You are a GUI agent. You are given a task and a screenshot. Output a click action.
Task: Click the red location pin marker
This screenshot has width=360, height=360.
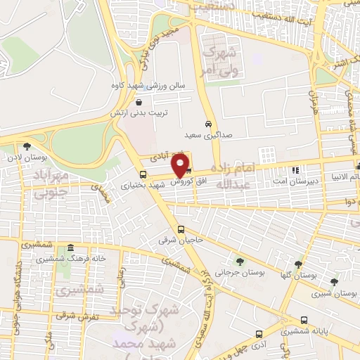(x=181, y=165)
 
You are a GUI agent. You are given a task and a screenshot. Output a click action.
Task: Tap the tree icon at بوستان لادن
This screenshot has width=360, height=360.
(x=27, y=146)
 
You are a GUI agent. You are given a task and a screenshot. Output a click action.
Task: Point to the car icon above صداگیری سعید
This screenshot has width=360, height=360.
(x=208, y=124)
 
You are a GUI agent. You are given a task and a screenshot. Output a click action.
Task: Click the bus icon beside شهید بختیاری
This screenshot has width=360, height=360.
(x=143, y=174)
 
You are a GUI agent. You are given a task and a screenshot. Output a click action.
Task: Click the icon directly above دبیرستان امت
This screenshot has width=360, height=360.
(x=295, y=169)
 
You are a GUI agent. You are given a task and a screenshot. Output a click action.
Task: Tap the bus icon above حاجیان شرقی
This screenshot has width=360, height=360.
(x=181, y=229)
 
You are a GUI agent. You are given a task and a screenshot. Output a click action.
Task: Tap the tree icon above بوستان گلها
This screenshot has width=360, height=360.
(x=299, y=264)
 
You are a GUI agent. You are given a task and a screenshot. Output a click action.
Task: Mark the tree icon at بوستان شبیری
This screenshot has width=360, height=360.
(x=334, y=282)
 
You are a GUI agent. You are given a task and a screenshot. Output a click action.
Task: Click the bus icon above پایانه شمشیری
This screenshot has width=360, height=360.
(x=303, y=319)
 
